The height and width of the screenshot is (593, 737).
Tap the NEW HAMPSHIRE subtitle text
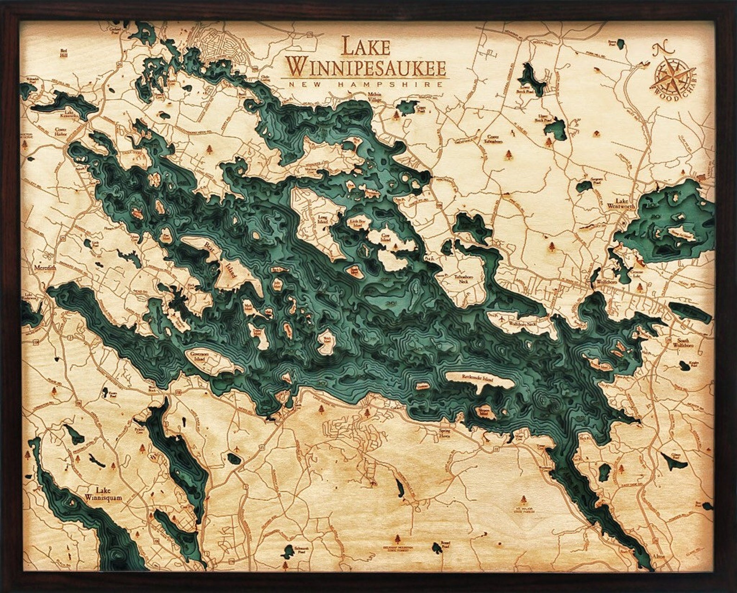[366, 84]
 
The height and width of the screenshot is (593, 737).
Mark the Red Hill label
[64, 53]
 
